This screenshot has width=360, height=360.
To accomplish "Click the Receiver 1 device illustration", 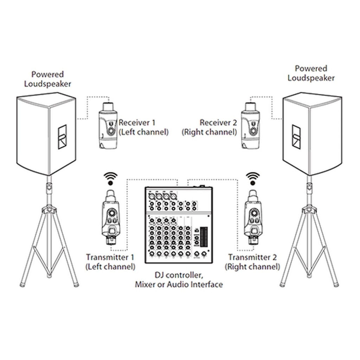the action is tap(108, 126).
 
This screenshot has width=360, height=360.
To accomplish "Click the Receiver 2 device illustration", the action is tap(250, 126).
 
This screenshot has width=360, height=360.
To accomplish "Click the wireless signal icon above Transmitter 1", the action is tap(111, 179).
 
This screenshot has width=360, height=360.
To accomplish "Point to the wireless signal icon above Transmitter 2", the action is tap(253, 179).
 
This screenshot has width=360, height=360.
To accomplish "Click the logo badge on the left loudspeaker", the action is tap(62, 137).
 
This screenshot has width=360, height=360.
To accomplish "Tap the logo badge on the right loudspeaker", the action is tap(296, 137).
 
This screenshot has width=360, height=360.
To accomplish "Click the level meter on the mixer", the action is tap(204, 237).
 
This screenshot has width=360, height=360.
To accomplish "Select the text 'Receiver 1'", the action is tap(137, 123).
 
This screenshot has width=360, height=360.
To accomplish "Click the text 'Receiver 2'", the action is tap(218, 123).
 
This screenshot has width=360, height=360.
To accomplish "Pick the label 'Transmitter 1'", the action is tap(110, 257).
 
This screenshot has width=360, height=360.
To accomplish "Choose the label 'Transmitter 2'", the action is tap(252, 257).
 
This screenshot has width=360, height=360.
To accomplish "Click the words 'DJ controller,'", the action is tap(179, 275).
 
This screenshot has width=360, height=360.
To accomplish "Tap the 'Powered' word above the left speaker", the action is tap(47, 75).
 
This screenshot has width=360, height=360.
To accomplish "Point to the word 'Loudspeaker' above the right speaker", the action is tap(311, 78).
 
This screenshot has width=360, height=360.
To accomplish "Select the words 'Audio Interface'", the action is tap(195, 284).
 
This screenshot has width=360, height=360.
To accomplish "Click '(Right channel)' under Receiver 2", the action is tap(209, 132).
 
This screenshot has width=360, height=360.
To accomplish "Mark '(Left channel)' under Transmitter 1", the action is tap(110, 267).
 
